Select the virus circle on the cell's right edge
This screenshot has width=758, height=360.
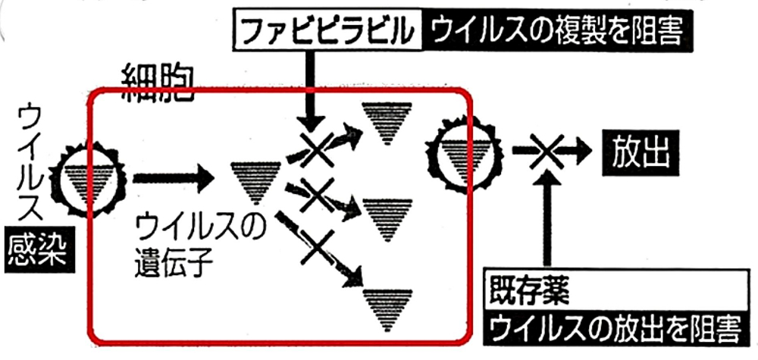[463, 154]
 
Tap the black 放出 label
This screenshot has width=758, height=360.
[641, 153]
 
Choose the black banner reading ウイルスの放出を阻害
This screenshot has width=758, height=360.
[614, 327]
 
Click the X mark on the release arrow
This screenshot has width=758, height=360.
[547, 151]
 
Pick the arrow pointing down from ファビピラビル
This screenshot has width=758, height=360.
[310, 89]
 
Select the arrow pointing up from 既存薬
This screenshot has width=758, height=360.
[547, 218]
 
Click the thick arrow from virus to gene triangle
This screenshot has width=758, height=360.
[173, 179]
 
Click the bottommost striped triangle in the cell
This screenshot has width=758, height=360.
[387, 310]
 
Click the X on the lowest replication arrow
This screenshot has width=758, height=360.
[317, 247]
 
